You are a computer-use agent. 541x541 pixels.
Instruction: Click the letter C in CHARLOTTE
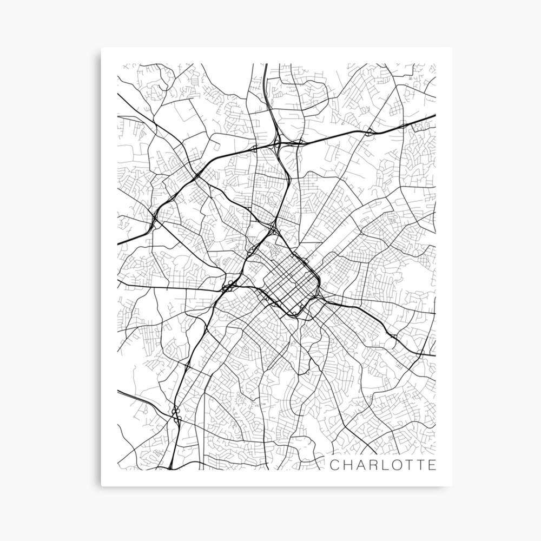334,465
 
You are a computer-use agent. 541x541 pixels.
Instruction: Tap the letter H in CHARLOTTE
347,465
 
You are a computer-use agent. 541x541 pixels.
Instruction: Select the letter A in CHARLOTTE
360,465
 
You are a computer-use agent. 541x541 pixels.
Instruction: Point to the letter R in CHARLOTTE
373,465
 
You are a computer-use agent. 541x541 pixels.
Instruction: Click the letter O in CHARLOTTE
397,465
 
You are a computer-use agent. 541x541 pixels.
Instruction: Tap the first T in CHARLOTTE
410,465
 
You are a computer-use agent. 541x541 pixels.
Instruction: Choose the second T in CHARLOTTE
421,465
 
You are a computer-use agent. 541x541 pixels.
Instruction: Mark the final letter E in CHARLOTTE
432,465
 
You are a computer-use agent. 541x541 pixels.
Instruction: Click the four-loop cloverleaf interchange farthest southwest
175,413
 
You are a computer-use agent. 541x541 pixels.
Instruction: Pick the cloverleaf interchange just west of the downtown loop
230,285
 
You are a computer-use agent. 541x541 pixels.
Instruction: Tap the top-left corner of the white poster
101,48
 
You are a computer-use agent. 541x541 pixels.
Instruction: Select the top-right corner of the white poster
452,48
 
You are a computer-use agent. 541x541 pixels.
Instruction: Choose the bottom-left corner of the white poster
101,486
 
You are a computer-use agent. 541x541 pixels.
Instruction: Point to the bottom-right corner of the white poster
452,486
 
